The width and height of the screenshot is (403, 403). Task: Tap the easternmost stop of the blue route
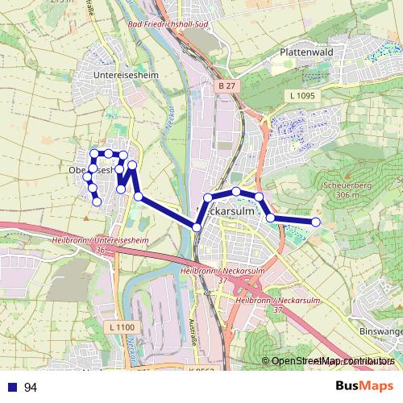click(316, 222)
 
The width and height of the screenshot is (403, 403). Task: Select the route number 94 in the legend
click(31, 388)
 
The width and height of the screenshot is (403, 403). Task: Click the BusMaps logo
click(365, 387)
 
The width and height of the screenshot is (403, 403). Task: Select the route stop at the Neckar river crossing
click(197, 227)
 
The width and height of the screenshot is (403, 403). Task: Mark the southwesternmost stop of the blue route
click(98, 201)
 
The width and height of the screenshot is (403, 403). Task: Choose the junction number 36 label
click(101, 251)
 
